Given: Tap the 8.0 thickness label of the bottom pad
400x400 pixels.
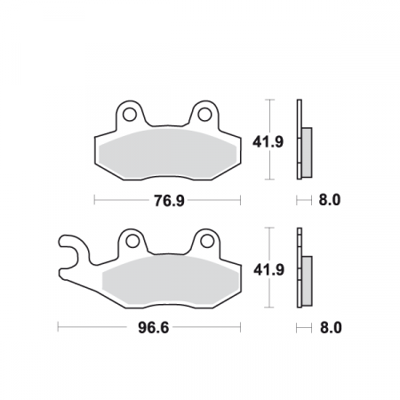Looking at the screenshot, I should [330, 328].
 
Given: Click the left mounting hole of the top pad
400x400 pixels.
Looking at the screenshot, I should [129, 114].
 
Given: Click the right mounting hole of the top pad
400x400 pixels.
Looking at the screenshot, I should [204, 114].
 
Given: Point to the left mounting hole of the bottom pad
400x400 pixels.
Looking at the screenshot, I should [131, 241].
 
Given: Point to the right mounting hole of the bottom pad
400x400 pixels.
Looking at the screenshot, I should [206, 241].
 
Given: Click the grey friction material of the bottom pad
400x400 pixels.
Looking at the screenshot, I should [169, 279].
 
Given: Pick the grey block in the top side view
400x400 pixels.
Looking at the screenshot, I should [307, 150].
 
